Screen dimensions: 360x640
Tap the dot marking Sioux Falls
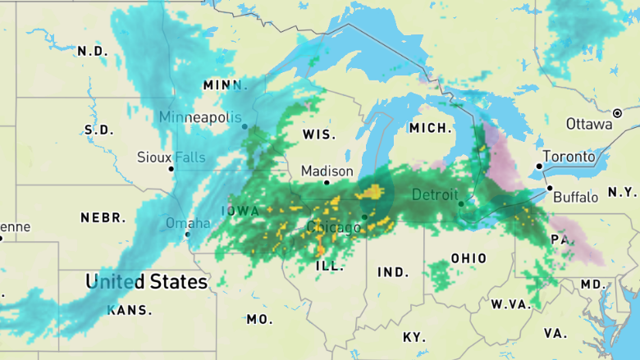[171, 169]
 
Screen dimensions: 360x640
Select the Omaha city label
[182, 223]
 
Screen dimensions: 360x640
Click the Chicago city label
[333, 226]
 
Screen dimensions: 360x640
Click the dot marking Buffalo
[549, 188]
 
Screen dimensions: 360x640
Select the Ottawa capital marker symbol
[617, 112]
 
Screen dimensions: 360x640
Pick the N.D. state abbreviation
[92, 51]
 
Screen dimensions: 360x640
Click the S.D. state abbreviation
[98, 130]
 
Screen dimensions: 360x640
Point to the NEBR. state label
[103, 217]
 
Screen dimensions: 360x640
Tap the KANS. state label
[130, 310]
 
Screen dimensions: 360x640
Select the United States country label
[147, 282]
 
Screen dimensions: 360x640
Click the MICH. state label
[431, 129]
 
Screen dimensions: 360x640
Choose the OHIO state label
[469, 258]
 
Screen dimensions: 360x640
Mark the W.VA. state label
[511, 304]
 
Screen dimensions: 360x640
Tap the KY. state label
[414, 337]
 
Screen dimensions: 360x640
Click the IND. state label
[393, 271]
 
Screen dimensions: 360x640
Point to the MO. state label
[259, 319]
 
